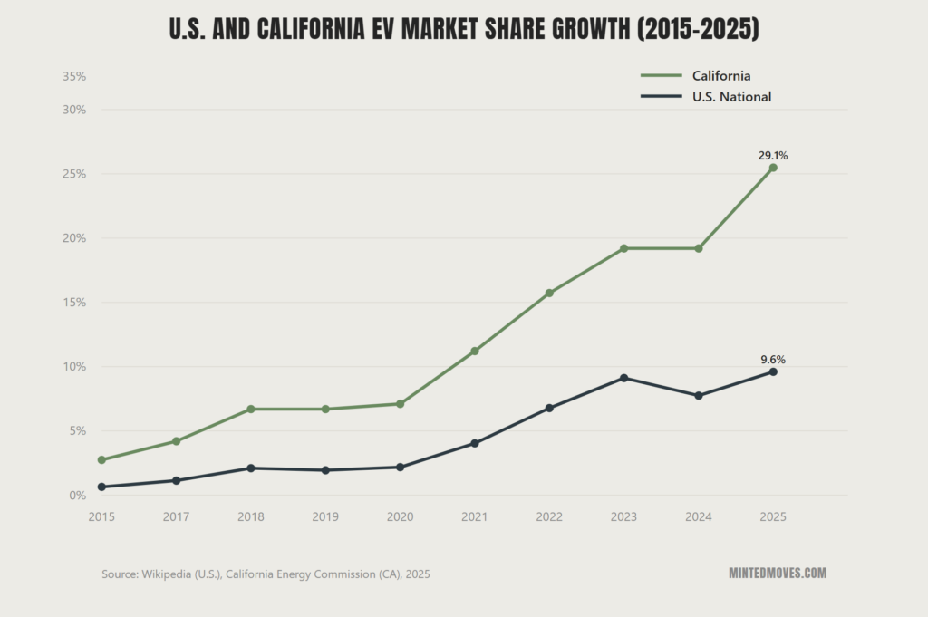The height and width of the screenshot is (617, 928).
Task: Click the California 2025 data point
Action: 773,168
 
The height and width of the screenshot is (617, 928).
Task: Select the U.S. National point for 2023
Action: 623,378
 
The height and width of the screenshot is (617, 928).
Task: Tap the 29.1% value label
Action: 773,156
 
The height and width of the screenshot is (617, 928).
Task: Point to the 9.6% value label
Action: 773,360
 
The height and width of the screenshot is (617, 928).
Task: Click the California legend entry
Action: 721,76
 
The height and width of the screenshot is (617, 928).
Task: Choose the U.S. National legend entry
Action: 731,97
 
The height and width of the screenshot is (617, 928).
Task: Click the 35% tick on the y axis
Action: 74,77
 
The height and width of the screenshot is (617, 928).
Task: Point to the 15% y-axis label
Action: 74,303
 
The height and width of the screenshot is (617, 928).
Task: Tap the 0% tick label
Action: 78,496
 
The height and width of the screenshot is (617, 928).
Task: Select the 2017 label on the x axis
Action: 176,516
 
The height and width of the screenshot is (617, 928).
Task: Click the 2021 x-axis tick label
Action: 474,516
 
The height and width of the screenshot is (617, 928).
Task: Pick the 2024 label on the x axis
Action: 698,516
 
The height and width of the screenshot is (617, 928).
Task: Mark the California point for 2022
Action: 549,293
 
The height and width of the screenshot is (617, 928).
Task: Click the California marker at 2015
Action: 101,460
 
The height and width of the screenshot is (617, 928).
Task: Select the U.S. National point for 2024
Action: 698,396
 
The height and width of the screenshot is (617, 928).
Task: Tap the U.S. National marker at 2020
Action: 400,468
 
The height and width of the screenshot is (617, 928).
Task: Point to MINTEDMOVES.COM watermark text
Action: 777,574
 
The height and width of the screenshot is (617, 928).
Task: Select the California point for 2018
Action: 251,409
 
